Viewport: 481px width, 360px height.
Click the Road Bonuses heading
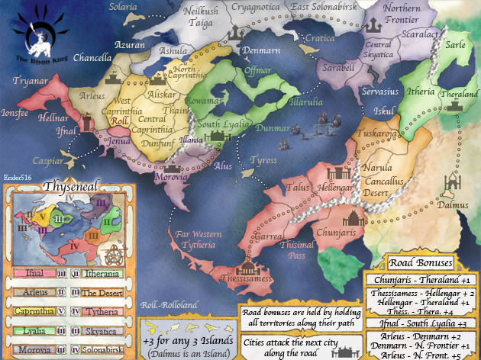point(419,263)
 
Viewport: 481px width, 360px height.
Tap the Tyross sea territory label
point(263,162)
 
